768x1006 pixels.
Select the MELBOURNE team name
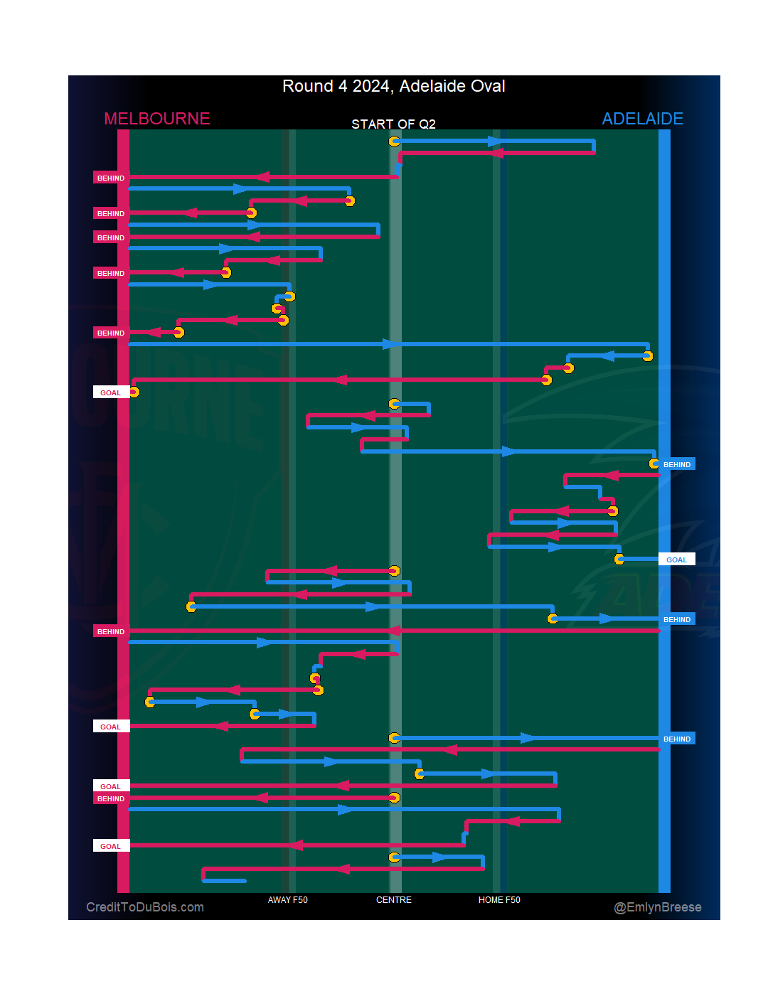[156, 119]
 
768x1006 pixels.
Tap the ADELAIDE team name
[642, 119]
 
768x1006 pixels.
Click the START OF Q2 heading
[393, 124]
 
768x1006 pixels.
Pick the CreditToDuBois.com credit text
[145, 907]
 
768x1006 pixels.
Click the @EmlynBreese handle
[657, 907]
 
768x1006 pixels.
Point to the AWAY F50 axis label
[287, 900]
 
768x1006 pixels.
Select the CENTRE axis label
[393, 900]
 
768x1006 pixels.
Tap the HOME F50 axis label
[499, 900]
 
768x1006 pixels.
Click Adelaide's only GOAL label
[676, 560]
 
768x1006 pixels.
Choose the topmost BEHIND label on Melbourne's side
[110, 178]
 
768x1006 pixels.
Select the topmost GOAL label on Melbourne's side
[110, 392]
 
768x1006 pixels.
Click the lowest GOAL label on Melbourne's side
[110, 846]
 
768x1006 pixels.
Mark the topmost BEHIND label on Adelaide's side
[676, 464]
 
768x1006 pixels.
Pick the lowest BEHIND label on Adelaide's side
[676, 739]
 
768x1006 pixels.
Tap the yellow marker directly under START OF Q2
[394, 141]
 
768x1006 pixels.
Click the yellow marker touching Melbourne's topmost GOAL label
[134, 392]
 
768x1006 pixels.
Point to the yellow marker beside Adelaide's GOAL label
[619, 560]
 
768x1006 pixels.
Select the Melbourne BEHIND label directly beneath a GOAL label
[110, 799]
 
